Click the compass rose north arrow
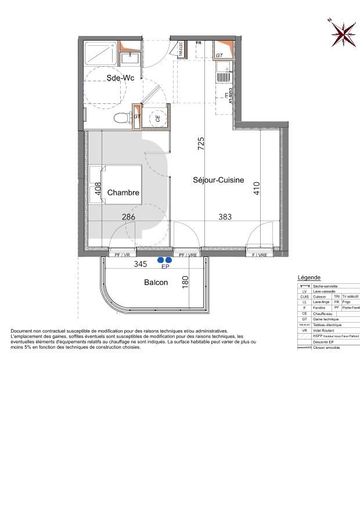click(x=343, y=34)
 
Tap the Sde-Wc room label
click(x=120, y=78)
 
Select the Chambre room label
click(x=123, y=193)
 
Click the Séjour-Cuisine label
click(x=218, y=180)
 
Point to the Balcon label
click(x=156, y=283)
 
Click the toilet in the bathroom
click(x=121, y=118)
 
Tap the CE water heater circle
click(x=157, y=118)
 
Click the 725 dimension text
click(x=201, y=143)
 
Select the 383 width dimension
click(x=225, y=217)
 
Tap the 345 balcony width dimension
click(x=141, y=264)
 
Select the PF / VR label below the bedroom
click(x=122, y=255)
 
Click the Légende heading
click(x=309, y=277)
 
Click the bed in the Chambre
click(x=116, y=185)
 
